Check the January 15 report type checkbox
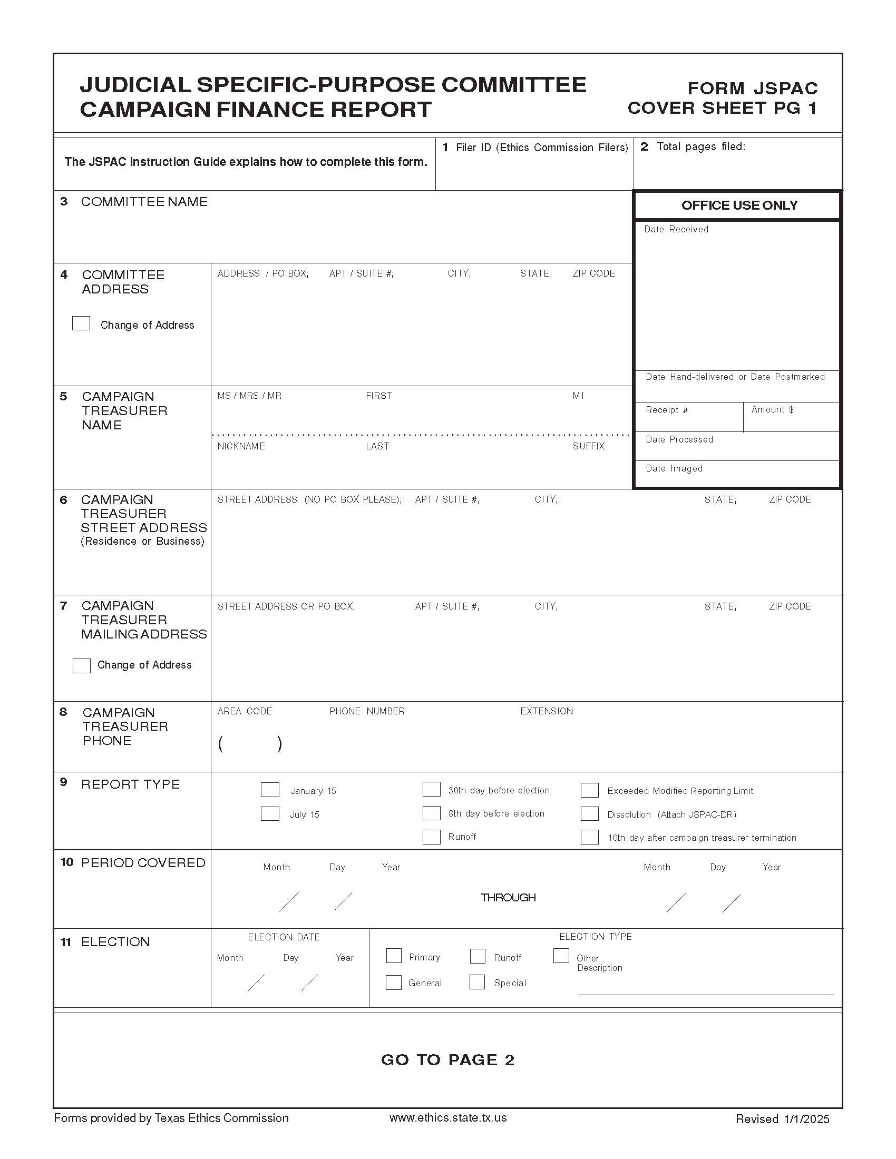click(x=270, y=790)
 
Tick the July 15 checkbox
click(x=270, y=813)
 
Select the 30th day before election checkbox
click(x=432, y=789)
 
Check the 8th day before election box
click(x=432, y=813)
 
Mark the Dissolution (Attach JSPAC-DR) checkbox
click(x=589, y=813)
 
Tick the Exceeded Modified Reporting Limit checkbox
click(x=589, y=790)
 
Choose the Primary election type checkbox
click(x=394, y=956)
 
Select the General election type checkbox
click(x=394, y=983)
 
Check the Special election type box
click(x=477, y=982)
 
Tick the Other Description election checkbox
click(x=561, y=955)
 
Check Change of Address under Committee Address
click(x=81, y=323)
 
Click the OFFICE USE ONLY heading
click(x=739, y=205)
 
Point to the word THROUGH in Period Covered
click(x=508, y=897)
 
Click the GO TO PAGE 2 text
click(x=447, y=1060)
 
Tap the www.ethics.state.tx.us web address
click(x=447, y=1117)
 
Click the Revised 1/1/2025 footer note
click(x=782, y=1118)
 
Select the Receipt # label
click(x=667, y=410)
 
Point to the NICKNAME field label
click(x=241, y=446)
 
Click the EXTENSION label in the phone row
click(x=546, y=711)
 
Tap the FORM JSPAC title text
click(x=752, y=88)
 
